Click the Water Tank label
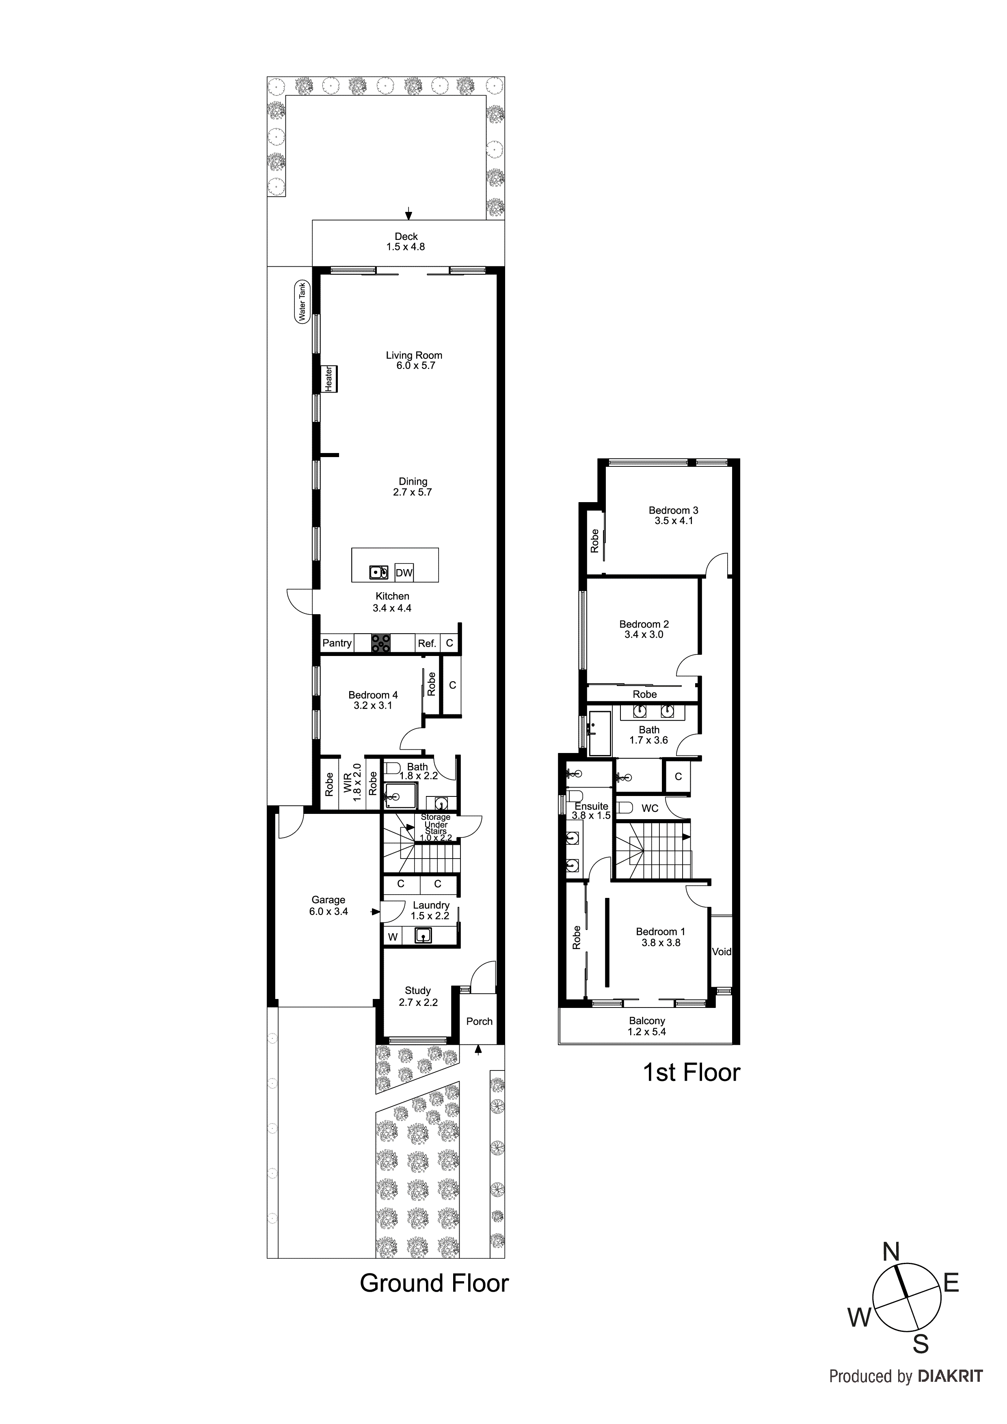click(302, 302)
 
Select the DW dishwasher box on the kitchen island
click(404, 572)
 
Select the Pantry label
click(337, 643)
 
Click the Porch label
click(479, 1021)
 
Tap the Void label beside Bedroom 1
click(721, 952)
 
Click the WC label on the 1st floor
click(650, 809)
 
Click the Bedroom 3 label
click(673, 510)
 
